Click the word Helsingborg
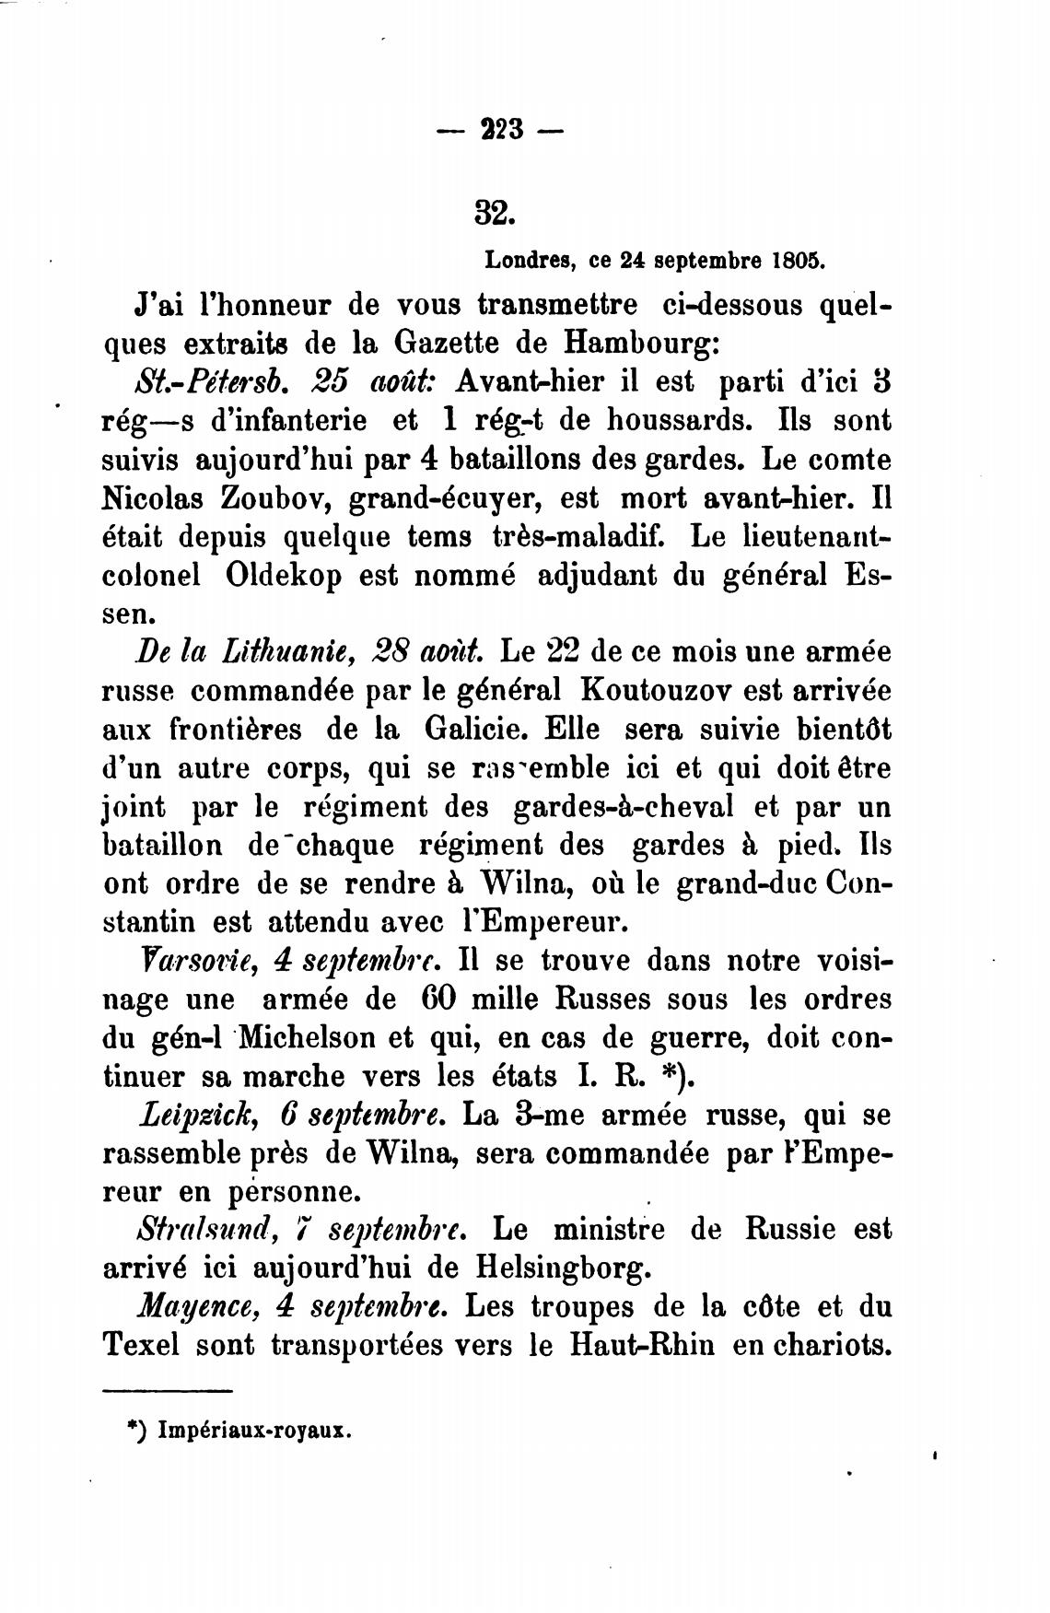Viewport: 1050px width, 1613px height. pos(563,1268)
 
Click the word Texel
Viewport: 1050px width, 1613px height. pos(140,1345)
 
